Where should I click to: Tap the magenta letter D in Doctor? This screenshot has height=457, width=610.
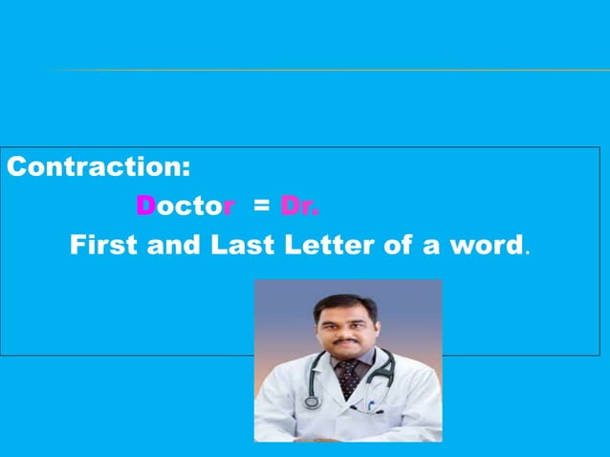145,206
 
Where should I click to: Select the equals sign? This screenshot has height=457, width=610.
261,207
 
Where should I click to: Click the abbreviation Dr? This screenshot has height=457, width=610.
300,206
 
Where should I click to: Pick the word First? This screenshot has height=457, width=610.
104,245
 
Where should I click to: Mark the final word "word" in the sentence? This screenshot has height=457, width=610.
482,245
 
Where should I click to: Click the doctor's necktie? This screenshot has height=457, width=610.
349,378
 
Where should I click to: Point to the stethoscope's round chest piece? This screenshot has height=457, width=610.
312,403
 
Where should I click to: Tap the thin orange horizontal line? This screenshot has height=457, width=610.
325,70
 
